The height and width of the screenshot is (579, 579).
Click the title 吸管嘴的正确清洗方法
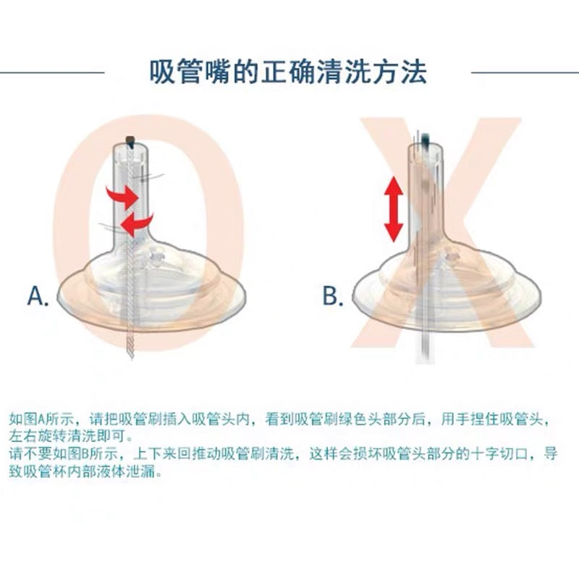(288, 71)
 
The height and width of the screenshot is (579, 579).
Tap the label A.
(38, 296)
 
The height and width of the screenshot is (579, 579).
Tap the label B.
(333, 296)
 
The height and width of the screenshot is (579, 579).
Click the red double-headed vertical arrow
(393, 209)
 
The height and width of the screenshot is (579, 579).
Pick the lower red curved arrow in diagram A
(136, 224)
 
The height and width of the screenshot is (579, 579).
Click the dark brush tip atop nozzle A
(130, 141)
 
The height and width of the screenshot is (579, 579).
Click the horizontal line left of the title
(52, 72)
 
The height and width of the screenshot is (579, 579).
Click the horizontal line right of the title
(525, 72)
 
